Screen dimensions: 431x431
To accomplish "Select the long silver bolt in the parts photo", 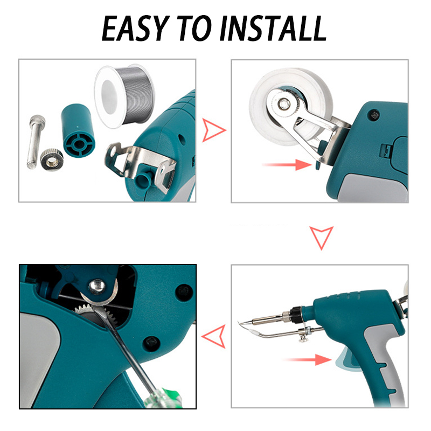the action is (36, 142).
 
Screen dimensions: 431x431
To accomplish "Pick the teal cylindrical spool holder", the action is (78, 130).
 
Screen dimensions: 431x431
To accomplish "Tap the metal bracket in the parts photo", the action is (140, 165).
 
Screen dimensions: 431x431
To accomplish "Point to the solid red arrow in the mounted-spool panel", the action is (287, 165).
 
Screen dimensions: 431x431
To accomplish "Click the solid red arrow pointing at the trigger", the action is (307, 359).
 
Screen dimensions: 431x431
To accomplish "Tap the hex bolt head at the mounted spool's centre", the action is (283, 103).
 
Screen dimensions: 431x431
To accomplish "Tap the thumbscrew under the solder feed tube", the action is (303, 338).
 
